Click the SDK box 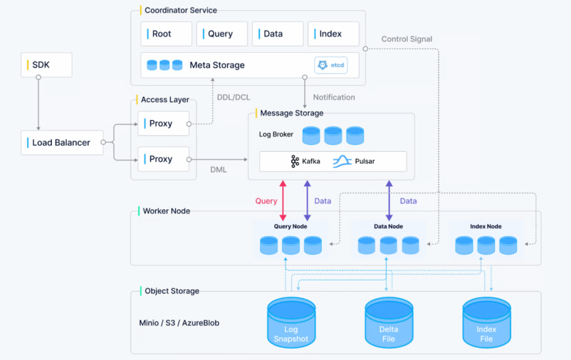(46, 65)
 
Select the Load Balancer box (62, 143)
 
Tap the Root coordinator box (166, 34)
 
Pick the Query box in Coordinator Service (222, 34)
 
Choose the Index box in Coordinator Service (333, 34)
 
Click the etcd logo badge (331, 65)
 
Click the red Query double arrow (283, 201)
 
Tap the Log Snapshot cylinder (291, 323)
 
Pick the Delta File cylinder (389, 323)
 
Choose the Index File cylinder (486, 323)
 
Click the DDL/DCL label (234, 98)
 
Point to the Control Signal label (407, 39)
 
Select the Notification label (334, 97)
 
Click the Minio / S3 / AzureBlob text (179, 323)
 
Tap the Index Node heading (486, 226)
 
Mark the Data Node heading (388, 226)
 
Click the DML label (219, 169)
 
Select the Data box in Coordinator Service (278, 34)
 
